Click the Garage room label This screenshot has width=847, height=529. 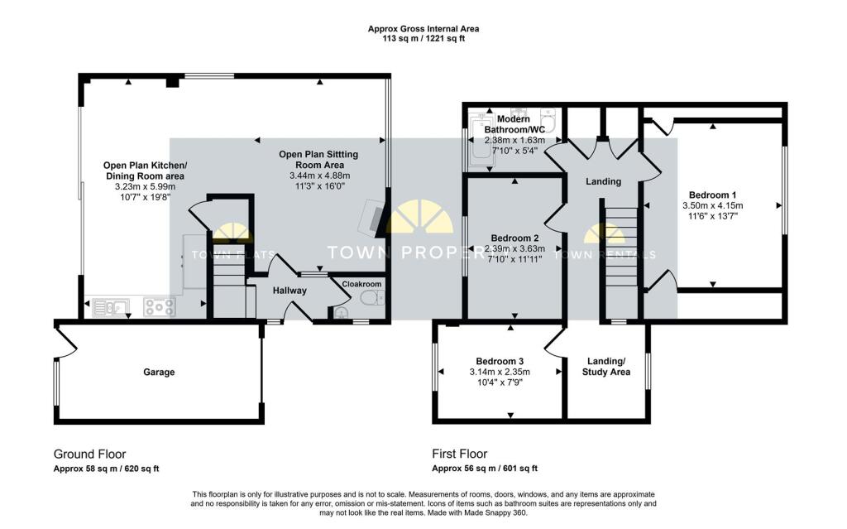pyautogui.click(x=159, y=373)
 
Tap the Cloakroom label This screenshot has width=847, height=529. pyautogui.click(x=361, y=284)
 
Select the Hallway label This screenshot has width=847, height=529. pyautogui.click(x=290, y=291)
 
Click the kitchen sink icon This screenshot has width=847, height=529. pyautogui.click(x=111, y=307)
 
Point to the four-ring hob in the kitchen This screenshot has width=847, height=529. pyautogui.click(x=160, y=307)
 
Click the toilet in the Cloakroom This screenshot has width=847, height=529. pyautogui.click(x=372, y=297)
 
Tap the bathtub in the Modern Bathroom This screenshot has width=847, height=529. pyautogui.click(x=480, y=141)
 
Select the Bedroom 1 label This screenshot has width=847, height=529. pyautogui.click(x=712, y=195)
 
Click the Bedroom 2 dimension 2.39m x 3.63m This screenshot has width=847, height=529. pyautogui.click(x=514, y=249)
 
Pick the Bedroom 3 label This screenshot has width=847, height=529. pyautogui.click(x=500, y=361)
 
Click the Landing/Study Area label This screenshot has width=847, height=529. pyautogui.click(x=606, y=367)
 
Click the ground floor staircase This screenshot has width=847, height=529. pyautogui.click(x=229, y=281)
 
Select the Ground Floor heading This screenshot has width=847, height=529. pyautogui.click(x=89, y=454)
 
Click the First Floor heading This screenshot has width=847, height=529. pyautogui.click(x=460, y=454)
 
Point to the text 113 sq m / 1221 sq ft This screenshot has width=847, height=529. pyautogui.click(x=423, y=38)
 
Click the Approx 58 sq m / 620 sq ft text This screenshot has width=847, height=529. pyautogui.click(x=107, y=469)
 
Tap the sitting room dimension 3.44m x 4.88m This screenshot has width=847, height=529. pyautogui.click(x=320, y=176)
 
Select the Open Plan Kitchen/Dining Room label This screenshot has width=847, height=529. pyautogui.click(x=145, y=171)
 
